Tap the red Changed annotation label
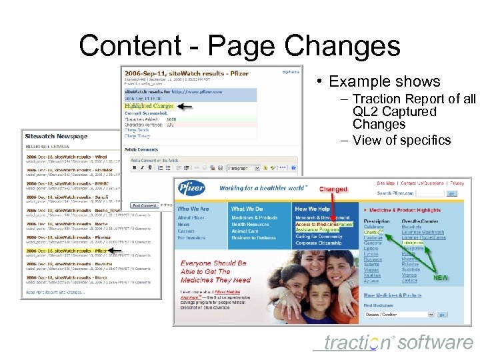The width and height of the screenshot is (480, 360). pyautogui.click(x=333, y=189)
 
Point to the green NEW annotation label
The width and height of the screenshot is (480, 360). pyautogui.click(x=441, y=277)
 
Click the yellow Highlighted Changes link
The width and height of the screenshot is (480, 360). pyautogui.click(x=149, y=106)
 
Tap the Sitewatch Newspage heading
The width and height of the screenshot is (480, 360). pyautogui.click(x=57, y=136)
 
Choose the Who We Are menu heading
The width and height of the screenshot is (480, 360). pyautogui.click(x=193, y=209)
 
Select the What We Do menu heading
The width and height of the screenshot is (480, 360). pyautogui.click(x=247, y=209)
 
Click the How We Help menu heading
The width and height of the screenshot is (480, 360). pyautogui.click(x=312, y=209)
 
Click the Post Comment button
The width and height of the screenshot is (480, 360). pyautogui.click(x=144, y=205)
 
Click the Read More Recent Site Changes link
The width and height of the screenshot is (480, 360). pyautogui.click(x=55, y=292)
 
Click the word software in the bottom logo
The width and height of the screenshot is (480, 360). pyautogui.click(x=435, y=343)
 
